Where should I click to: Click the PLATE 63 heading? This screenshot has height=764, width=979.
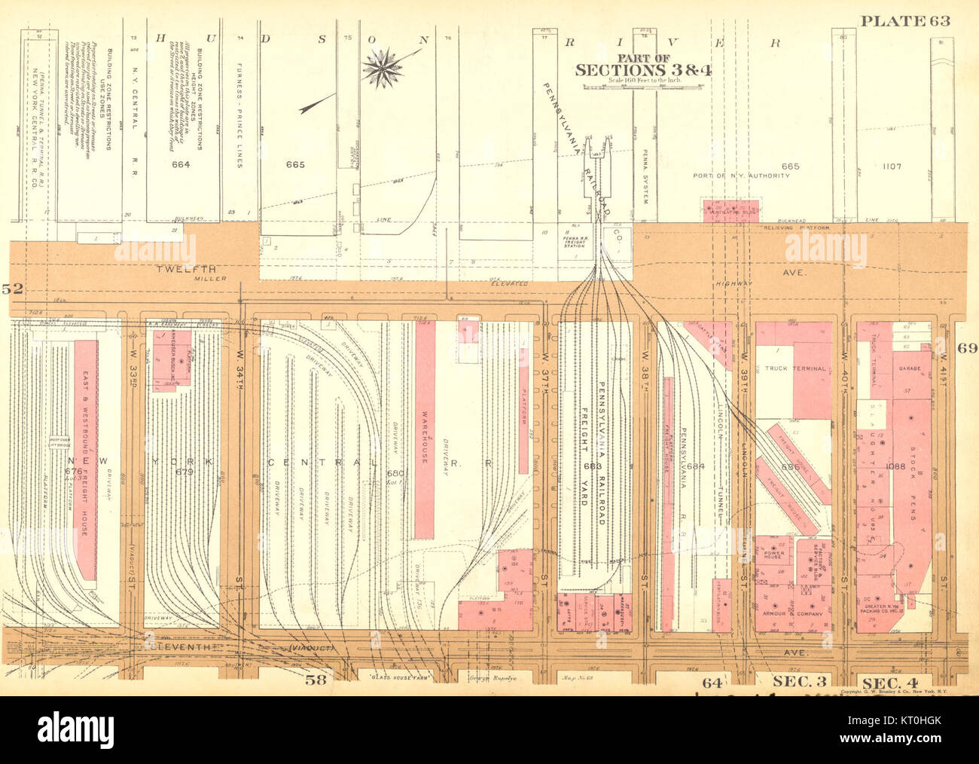(905, 20)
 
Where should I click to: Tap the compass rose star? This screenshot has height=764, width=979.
(383, 67)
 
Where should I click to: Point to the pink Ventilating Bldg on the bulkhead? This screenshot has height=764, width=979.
(730, 210)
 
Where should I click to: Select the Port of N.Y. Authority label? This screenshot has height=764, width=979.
(741, 176)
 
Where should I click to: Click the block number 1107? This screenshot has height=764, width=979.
(890, 166)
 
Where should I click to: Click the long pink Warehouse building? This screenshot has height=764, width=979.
(425, 429)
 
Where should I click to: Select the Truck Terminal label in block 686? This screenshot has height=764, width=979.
(785, 368)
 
